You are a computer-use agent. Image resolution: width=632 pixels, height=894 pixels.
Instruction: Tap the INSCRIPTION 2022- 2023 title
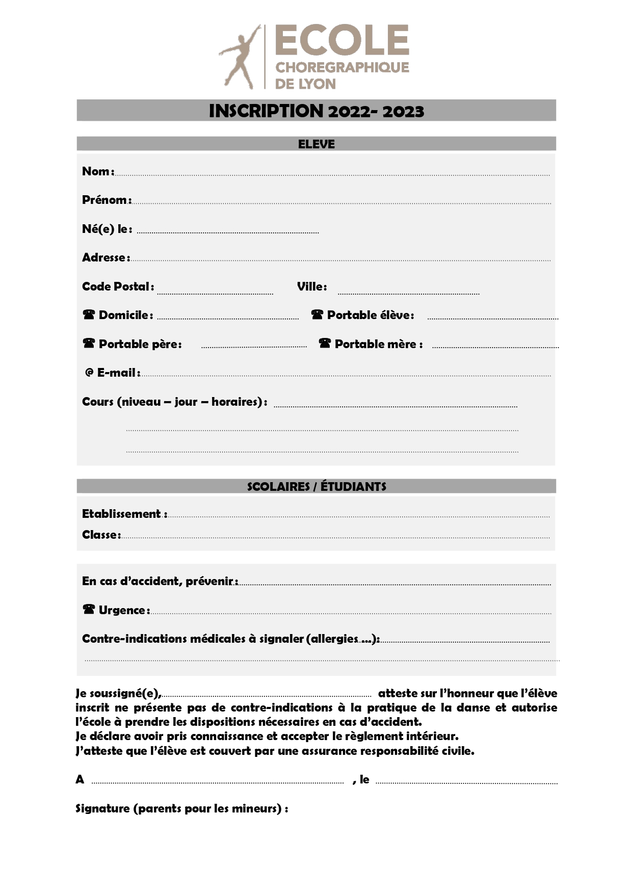tap(316, 111)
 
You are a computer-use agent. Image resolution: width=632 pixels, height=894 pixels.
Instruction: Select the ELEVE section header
tap(316, 144)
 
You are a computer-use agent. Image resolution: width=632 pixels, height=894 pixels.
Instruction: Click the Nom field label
tap(97, 171)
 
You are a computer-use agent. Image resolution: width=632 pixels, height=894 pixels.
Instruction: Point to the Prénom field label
tap(106, 200)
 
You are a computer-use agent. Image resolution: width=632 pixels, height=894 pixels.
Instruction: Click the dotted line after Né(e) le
tap(228, 232)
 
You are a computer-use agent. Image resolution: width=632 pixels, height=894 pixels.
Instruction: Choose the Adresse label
tap(105, 257)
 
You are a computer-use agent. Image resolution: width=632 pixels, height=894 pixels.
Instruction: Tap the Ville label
tap(311, 286)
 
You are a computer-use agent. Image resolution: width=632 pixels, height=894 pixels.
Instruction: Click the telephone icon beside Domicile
tap(89, 314)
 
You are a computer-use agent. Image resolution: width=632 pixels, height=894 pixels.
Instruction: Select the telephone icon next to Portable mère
tap(325, 343)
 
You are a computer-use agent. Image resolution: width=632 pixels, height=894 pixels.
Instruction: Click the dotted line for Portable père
tap(254, 347)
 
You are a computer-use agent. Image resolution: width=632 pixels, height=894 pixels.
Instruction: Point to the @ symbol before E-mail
tap(89, 373)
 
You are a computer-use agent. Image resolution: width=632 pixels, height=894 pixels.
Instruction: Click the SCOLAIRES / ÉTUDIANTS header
tap(316, 486)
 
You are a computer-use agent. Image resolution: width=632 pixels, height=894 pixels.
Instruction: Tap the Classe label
tap(100, 535)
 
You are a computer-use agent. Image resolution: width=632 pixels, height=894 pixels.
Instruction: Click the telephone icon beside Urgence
tap(89, 609)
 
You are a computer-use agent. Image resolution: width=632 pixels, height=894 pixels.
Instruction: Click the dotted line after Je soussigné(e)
tap(267, 695)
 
